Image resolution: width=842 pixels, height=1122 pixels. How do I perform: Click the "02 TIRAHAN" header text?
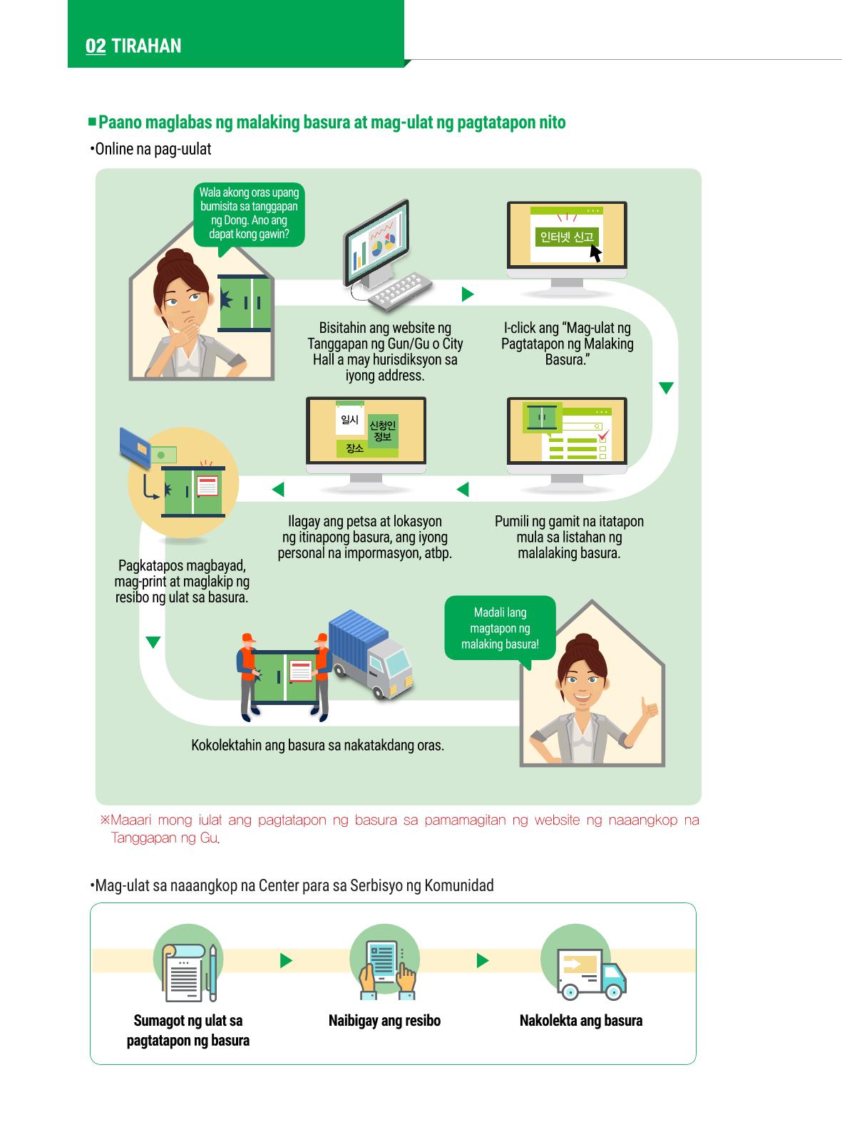133,46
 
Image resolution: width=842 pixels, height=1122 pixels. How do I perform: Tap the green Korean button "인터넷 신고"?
567,237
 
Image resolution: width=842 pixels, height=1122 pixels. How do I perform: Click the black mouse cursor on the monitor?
595,253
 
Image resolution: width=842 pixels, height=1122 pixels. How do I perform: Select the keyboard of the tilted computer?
400,291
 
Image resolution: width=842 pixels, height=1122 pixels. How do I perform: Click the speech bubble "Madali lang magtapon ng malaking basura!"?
500,629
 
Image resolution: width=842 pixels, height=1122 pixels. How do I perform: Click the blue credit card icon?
135,447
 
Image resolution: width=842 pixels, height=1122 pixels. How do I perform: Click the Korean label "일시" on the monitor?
349,420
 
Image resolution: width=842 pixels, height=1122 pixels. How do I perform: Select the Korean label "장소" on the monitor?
354,448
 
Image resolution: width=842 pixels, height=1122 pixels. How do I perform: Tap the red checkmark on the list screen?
604,435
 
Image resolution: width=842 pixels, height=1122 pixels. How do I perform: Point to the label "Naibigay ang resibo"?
384,1020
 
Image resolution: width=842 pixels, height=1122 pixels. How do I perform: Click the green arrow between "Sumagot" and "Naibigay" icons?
287,960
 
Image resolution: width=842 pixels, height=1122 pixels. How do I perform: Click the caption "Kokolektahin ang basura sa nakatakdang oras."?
317,745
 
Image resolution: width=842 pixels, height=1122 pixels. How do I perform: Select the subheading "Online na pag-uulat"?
151,149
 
